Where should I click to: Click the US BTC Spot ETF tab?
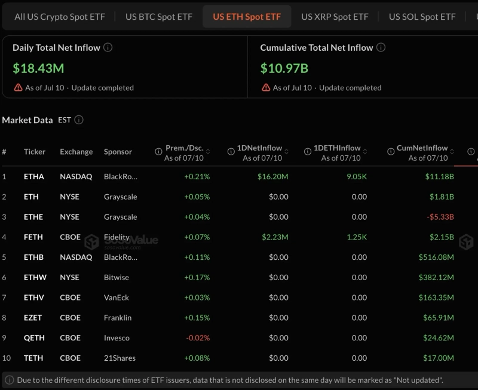pos(159,17)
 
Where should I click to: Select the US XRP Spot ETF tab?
pos(335,17)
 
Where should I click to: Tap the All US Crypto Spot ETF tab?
pos(60,17)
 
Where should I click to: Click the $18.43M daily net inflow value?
pos(38,68)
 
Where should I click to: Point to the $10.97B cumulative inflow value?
pos(284,68)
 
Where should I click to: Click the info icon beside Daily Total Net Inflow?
pos(108,47)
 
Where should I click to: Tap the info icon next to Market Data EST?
pos(79,119)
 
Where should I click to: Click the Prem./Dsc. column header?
pos(185,148)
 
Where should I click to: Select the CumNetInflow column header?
pos(422,148)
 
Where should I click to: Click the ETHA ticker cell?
pos(34,176)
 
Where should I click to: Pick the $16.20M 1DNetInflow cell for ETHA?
pos(273,176)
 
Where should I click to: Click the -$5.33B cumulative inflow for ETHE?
pos(440,217)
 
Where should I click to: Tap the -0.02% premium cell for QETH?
pos(198,338)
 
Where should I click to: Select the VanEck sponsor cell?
pos(117,297)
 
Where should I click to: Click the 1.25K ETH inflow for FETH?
pos(357,237)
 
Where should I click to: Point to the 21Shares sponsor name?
pos(120,358)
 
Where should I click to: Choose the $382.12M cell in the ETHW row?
pos(436,277)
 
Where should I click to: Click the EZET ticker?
pos(33,318)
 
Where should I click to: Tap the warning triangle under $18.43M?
pos(19,88)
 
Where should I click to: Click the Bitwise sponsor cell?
pos(117,277)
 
